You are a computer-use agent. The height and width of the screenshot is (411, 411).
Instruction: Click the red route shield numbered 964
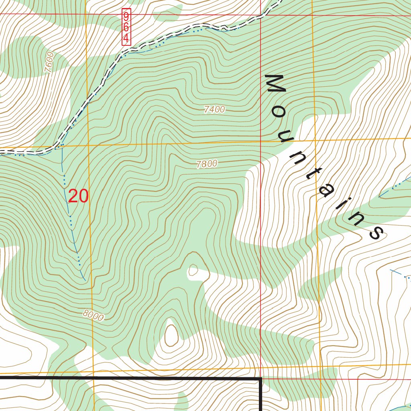tap(126, 27)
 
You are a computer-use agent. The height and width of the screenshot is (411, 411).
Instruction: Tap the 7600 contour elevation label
tap(49, 62)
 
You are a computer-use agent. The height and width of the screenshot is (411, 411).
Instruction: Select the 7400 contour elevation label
tap(214, 110)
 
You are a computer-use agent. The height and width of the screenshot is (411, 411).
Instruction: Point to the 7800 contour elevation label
tap(207, 163)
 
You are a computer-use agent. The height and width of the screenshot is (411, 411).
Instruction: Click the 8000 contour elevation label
tap(94, 316)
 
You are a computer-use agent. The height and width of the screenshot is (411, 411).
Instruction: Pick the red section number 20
tap(78, 196)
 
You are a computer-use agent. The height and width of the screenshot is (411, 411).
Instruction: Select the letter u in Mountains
tap(288, 136)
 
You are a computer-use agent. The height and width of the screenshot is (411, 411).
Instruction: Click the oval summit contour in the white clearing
tap(171, 334)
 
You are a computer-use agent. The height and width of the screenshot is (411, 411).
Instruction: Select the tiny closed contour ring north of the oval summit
tap(193, 271)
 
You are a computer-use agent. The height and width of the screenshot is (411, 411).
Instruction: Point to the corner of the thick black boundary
tap(261, 378)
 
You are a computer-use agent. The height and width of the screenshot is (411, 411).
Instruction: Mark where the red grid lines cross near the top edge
tap(260, 15)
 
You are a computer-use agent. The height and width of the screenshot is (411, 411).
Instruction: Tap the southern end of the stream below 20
tap(85, 279)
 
